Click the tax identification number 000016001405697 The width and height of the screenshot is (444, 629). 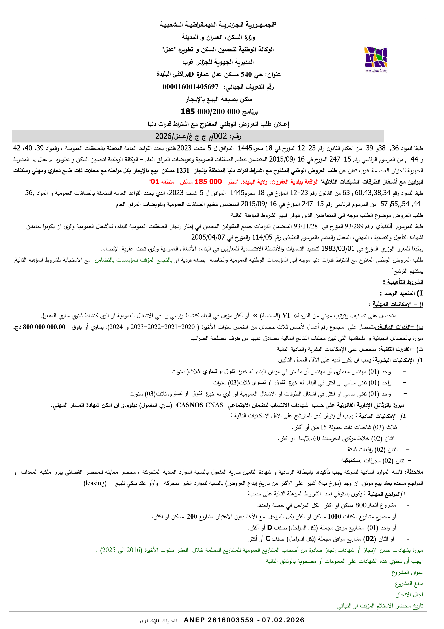(x=190, y=87)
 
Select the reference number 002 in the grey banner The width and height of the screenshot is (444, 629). (x=220, y=136)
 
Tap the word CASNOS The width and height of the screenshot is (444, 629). (x=190, y=405)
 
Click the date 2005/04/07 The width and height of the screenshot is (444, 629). (x=208, y=237)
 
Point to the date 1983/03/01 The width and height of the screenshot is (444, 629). (x=338, y=249)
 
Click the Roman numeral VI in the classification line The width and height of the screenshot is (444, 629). (x=286, y=316)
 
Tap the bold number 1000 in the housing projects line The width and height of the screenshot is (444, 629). (x=334, y=516)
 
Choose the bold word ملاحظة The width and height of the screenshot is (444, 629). (x=415, y=472)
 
